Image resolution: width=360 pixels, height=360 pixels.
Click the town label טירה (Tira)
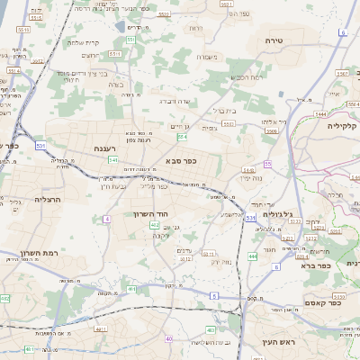tap(274, 41)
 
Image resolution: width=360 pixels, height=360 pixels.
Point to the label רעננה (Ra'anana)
tap(102, 148)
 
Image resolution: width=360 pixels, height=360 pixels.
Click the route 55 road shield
tap(267, 163)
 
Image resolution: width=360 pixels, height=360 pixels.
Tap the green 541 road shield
tap(113, 160)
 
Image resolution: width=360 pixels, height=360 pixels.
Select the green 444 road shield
tap(253, 256)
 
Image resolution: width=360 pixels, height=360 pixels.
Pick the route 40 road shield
tap(168, 338)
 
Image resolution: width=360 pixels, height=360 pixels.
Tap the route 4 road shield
tap(106, 219)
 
